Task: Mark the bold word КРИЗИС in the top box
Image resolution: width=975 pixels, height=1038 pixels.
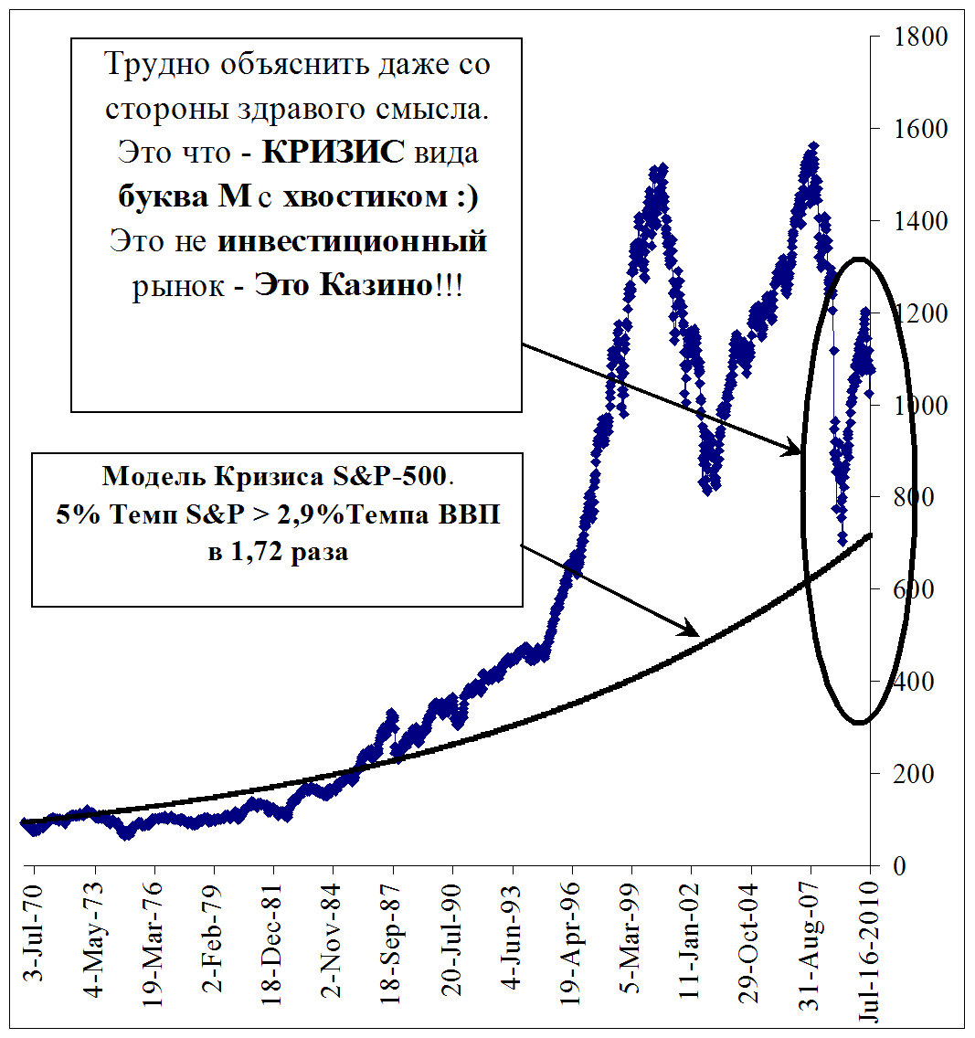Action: (334, 152)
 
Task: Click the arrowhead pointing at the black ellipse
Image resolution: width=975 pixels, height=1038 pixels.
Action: (793, 450)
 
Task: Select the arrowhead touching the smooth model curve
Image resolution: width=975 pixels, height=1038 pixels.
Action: (691, 630)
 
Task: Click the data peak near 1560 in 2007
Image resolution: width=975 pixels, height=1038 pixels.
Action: (812, 146)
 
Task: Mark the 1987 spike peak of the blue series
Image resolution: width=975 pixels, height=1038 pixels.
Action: (391, 712)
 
